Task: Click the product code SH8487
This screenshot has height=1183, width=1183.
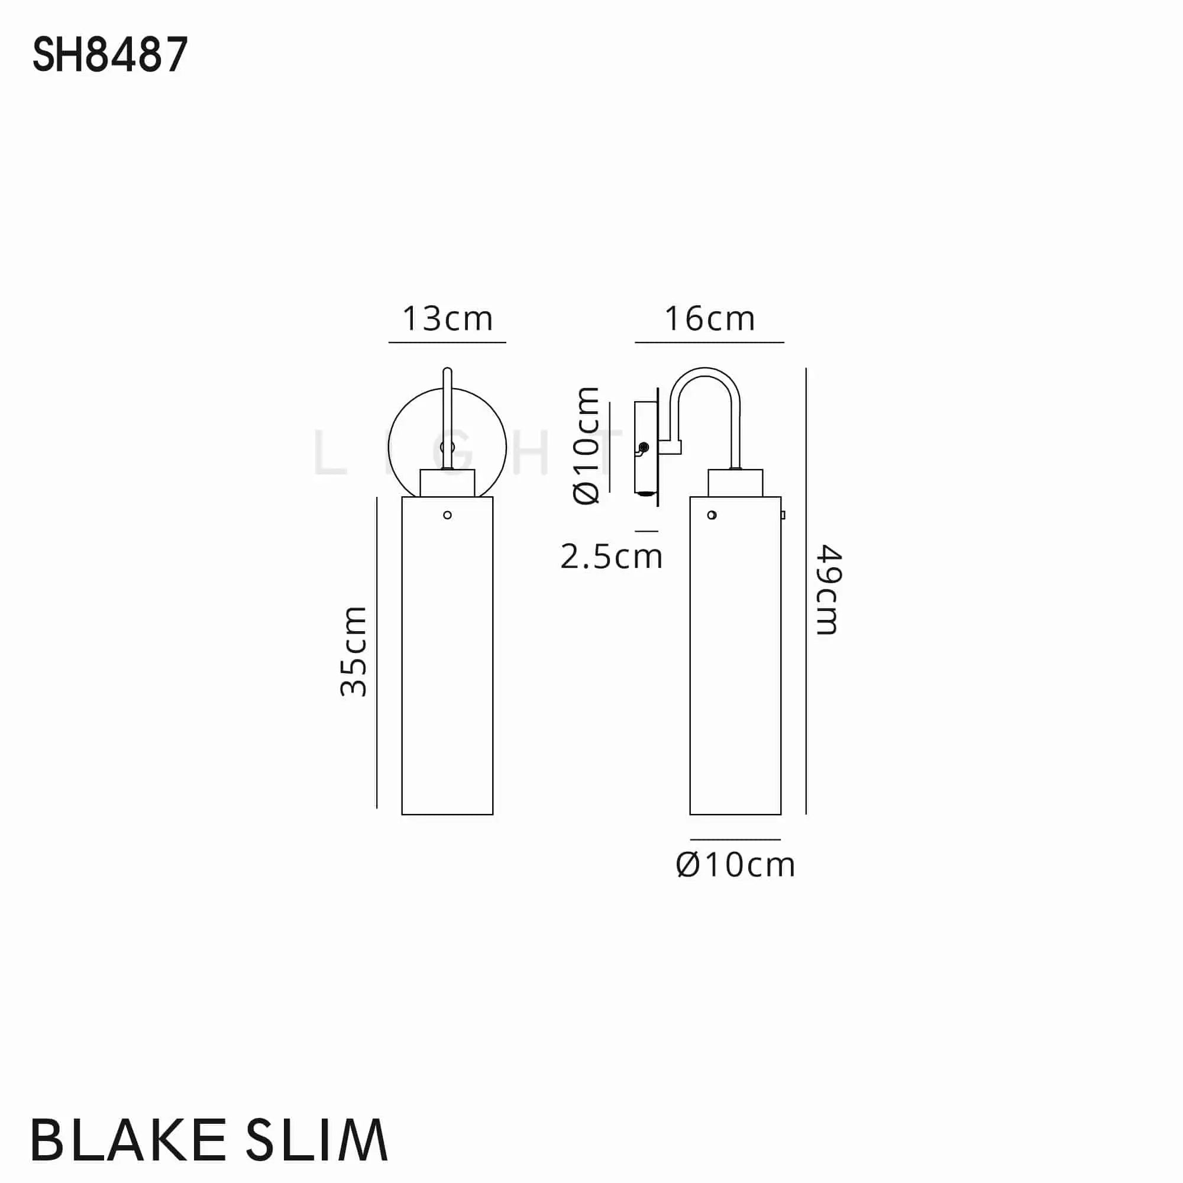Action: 109,55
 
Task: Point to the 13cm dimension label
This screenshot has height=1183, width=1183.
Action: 447,319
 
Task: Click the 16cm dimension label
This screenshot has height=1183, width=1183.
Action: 709,319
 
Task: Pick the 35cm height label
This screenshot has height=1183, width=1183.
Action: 354,651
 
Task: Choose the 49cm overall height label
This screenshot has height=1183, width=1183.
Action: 829,589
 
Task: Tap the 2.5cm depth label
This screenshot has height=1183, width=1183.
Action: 611,557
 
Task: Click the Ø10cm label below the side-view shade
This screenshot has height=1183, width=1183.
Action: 735,865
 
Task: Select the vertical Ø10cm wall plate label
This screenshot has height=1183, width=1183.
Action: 586,446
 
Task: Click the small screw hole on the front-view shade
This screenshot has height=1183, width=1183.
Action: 448,515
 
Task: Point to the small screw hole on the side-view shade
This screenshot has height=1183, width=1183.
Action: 712,515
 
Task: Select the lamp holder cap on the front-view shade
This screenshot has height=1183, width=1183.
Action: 448,483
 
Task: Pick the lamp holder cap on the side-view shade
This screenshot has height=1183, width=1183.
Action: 735,483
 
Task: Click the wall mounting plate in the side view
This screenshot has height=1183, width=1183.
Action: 644,447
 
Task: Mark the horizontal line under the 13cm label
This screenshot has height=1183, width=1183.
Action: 447,342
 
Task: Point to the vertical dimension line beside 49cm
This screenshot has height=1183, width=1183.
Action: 806,591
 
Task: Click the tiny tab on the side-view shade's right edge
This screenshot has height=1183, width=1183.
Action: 783,515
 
